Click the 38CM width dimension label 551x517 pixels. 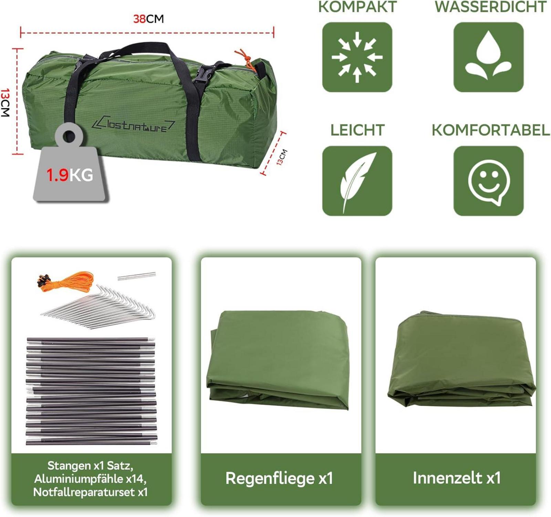point(148,19)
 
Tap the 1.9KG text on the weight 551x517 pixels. point(70,175)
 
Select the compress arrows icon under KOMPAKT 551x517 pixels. point(357,57)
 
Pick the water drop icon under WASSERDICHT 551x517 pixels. point(488,55)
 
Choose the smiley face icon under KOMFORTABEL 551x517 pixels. point(489,182)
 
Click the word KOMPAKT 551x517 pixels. point(357,7)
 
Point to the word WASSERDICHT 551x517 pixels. point(490,7)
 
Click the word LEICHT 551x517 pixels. point(357,130)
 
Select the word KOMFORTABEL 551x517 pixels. point(490,130)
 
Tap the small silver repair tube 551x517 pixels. point(136,276)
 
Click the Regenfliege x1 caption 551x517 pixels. point(279,478)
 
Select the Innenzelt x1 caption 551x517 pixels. point(457,478)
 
